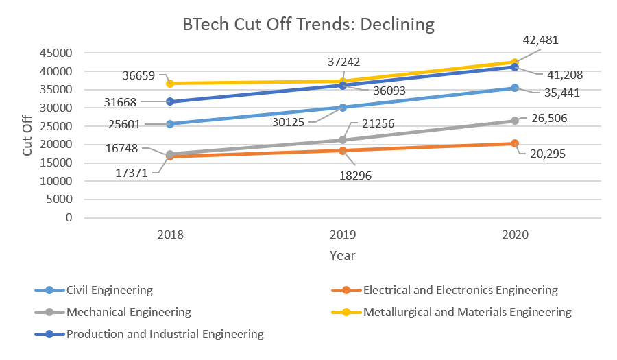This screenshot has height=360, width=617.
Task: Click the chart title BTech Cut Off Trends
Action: (x=308, y=25)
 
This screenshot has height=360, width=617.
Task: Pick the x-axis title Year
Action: (x=342, y=256)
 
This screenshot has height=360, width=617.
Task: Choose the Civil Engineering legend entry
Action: (x=109, y=290)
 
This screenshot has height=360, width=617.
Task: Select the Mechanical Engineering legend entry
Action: (x=128, y=312)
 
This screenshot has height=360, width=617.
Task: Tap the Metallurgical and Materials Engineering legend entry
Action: (x=467, y=312)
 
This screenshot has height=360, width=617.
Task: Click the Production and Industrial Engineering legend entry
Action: (x=165, y=334)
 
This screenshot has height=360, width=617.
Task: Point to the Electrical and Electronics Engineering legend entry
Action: (x=460, y=290)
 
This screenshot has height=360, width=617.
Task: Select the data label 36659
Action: (x=137, y=77)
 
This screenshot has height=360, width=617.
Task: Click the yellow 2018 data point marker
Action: (x=170, y=84)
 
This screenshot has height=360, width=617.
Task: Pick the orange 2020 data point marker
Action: (x=515, y=143)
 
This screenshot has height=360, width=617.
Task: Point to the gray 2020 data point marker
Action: (x=515, y=121)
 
